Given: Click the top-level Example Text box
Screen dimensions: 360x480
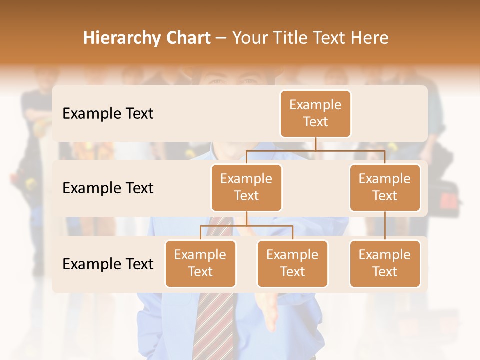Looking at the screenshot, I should [x=315, y=113].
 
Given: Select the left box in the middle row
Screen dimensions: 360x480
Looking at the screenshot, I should [x=246, y=187].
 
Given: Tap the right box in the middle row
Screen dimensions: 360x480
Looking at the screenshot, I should [x=385, y=187].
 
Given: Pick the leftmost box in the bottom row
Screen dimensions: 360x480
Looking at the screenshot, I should [x=200, y=263].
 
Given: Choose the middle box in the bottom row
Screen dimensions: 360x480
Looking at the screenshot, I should [x=292, y=263].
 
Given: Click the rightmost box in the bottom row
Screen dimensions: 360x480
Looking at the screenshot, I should [x=385, y=263].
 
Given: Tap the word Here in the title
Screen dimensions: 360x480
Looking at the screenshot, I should [x=369, y=38].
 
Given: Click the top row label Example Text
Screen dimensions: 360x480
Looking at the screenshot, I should [x=108, y=113].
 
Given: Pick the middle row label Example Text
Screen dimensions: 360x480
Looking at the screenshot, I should [x=108, y=188].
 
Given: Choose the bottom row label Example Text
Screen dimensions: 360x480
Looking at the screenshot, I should [x=108, y=264].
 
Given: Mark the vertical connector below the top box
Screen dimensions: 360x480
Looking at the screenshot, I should [x=315, y=144].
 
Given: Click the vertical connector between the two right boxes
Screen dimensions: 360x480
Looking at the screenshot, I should [x=385, y=226].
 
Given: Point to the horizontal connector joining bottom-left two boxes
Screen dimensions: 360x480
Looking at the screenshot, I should [x=246, y=226].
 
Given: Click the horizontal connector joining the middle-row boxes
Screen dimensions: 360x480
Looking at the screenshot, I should [x=315, y=150].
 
